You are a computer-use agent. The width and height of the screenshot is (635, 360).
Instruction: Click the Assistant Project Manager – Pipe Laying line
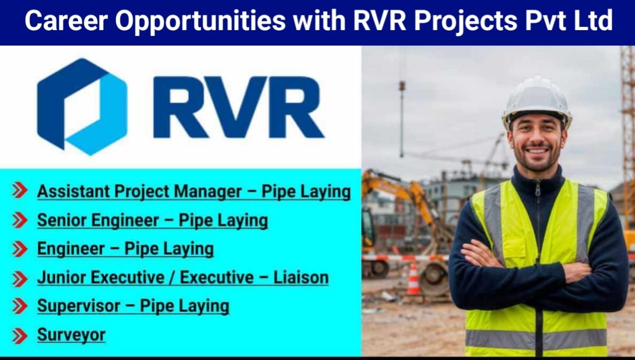pos(194,192)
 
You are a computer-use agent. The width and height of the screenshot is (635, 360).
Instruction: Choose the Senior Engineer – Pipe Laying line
pos(152,220)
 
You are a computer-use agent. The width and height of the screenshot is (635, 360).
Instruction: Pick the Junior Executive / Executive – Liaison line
pos(183,277)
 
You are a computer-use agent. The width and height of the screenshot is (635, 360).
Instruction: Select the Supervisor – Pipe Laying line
pos(133,306)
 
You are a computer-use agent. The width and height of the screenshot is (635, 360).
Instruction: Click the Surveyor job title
pos(71,335)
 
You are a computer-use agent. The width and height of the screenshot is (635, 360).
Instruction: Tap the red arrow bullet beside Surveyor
pos(20,335)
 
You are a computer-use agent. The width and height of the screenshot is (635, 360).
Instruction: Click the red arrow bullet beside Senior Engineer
pos(20,221)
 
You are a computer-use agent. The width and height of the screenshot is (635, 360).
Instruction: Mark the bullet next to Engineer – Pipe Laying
pos(20,249)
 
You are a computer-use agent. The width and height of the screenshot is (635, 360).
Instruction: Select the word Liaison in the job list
pos(301,277)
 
